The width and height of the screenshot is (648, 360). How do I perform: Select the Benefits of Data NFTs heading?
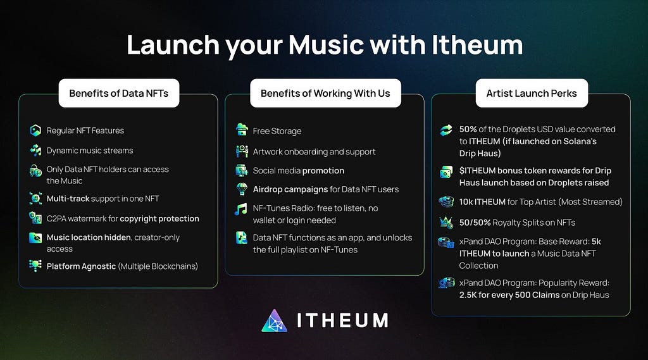[118, 94]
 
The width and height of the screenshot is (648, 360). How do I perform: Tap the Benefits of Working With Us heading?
[325, 94]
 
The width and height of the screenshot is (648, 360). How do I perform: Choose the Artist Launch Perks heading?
[532, 94]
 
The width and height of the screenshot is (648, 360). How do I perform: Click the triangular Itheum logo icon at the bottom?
[274, 321]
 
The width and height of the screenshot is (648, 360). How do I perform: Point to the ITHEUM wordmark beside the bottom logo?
[342, 321]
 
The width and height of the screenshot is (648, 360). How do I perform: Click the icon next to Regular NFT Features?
[35, 130]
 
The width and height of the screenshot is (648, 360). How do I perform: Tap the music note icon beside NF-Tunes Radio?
[241, 209]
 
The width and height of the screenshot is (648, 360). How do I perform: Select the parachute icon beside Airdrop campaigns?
[242, 189]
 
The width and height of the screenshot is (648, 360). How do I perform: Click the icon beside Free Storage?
[242, 129]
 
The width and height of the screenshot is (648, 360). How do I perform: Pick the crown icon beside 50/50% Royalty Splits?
[446, 222]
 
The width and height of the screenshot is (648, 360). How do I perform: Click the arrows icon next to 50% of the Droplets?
[446, 130]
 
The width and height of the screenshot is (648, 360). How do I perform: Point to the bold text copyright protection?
[159, 219]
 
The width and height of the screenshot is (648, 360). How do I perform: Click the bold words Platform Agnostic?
[81, 266]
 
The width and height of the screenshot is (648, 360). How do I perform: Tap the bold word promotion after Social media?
[323, 171]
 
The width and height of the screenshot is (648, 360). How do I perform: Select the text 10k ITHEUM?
[482, 202]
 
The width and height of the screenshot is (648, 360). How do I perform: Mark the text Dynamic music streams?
[90, 151]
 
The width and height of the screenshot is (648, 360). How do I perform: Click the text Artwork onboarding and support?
[314, 152]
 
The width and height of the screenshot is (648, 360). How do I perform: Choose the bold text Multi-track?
[68, 199]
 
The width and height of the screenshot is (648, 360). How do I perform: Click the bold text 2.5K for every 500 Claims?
[509, 295]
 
